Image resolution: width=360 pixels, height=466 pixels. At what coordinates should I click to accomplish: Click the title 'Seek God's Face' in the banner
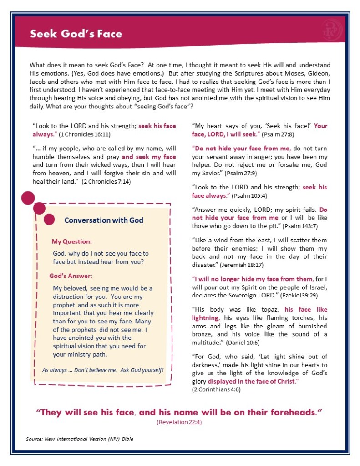[76, 34]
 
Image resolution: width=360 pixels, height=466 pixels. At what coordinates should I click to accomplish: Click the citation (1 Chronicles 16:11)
[85, 134]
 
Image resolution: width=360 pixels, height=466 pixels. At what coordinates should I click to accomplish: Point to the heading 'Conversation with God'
[104, 220]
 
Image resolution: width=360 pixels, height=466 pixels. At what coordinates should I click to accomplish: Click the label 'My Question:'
[71, 241]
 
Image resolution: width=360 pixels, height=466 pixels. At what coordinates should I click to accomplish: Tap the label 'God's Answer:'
[71, 276]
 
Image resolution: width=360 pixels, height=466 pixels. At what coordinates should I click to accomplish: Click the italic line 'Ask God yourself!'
[138, 369]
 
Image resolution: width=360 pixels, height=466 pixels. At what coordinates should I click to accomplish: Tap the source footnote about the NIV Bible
[80, 439]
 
